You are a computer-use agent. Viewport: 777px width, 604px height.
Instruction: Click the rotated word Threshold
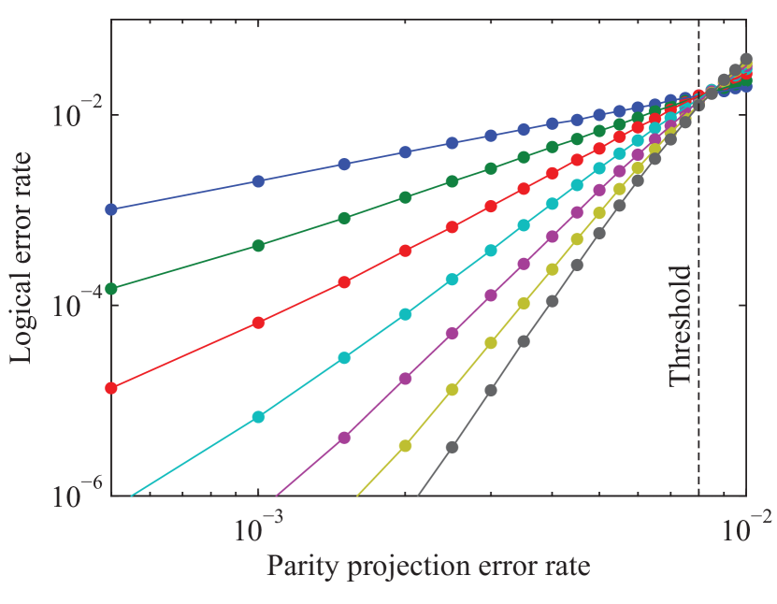click(x=681, y=325)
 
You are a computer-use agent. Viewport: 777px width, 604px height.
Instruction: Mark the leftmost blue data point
click(x=111, y=209)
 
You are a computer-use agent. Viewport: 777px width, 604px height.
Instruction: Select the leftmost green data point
click(x=111, y=288)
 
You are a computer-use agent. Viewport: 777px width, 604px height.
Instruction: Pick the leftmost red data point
click(x=111, y=387)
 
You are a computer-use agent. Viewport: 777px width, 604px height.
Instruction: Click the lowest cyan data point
click(x=259, y=416)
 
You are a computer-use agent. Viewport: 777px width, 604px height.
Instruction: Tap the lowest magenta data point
click(x=344, y=437)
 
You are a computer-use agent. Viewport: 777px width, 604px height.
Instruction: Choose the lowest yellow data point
click(x=405, y=445)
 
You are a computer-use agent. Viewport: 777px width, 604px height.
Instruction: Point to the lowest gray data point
click(x=452, y=447)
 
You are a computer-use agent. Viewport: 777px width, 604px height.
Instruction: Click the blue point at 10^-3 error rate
click(x=259, y=180)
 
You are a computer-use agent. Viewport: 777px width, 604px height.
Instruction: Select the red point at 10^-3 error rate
click(x=259, y=323)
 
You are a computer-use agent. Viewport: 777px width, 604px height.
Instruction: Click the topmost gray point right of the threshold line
click(x=746, y=59)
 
